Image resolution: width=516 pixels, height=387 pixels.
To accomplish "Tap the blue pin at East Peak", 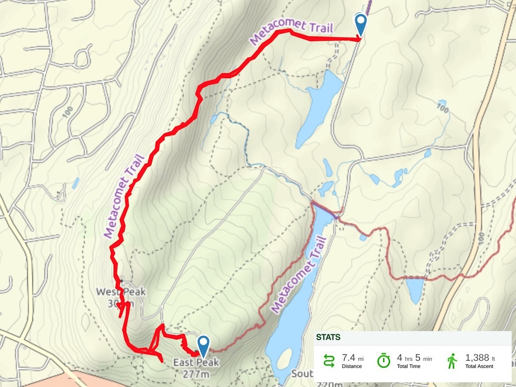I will click(203, 345).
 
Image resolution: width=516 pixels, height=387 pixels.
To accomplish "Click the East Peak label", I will click(196, 362).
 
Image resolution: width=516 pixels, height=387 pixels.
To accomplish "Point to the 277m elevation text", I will click(196, 374).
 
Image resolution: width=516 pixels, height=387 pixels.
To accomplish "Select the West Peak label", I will click(120, 292).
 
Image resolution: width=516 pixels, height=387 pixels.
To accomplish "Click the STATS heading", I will click(328, 337).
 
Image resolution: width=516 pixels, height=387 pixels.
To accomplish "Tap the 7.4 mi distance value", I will click(352, 357).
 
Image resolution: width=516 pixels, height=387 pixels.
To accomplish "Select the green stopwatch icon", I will click(383, 360).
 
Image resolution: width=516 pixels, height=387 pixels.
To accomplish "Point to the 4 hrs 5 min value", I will click(414, 358).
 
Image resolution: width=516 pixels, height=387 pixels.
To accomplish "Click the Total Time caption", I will click(414, 366).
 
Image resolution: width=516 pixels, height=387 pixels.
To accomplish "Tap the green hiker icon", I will click(452, 360).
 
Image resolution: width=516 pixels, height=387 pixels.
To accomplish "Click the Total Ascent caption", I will click(479, 366).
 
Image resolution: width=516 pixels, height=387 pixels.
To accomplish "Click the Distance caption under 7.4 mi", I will click(352, 366).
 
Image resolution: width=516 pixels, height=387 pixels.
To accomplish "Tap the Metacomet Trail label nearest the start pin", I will click(291, 34).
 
